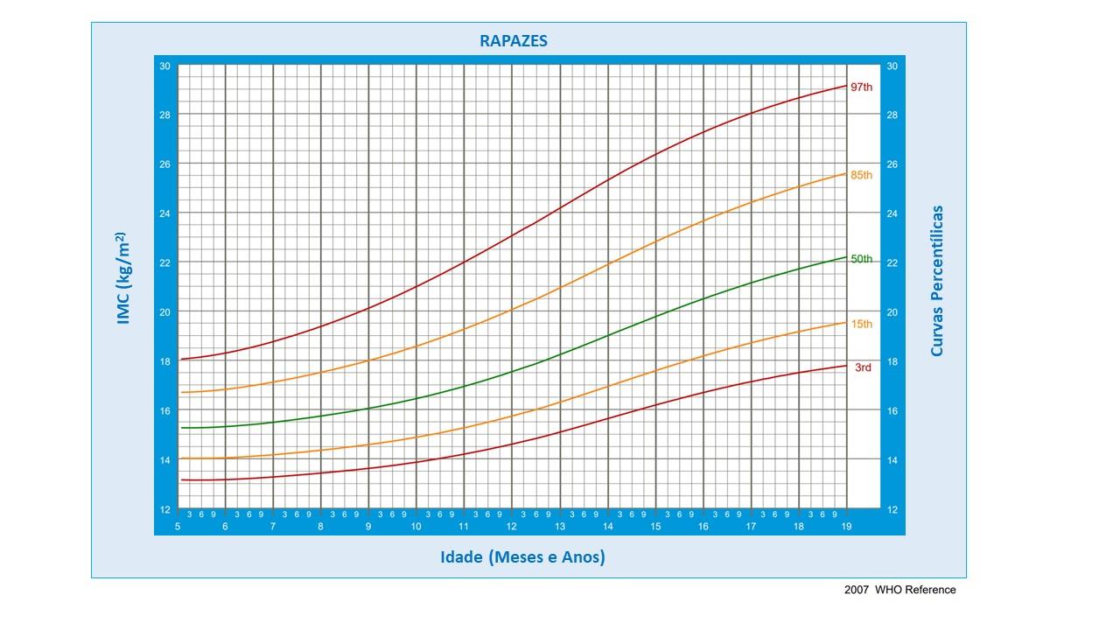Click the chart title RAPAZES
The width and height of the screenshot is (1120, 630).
[514, 41]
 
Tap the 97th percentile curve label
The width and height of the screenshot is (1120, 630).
[862, 87]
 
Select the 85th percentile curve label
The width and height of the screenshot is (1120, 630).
[862, 175]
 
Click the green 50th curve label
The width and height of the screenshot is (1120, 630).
[862, 259]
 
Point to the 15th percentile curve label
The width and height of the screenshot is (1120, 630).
[862, 324]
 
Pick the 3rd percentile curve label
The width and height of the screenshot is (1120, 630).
[863, 367]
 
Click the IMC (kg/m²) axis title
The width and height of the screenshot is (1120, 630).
[123, 278]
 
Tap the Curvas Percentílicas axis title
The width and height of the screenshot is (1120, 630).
[937, 280]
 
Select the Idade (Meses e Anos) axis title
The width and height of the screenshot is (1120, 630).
[522, 557]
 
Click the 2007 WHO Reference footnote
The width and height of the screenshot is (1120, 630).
[899, 590]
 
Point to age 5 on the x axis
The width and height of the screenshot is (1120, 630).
[178, 527]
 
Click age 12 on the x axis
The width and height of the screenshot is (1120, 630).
[511, 527]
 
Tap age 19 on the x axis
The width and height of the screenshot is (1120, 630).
[845, 527]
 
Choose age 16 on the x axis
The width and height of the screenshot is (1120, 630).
[703, 527]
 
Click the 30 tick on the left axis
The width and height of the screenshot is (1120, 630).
[164, 66]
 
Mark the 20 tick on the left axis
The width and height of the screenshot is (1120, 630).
[164, 312]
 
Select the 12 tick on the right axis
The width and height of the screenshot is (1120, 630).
[892, 509]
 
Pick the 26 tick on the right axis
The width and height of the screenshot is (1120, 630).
[892, 164]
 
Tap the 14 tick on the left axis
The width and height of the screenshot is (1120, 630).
[164, 460]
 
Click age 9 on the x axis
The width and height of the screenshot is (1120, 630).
[368, 527]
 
